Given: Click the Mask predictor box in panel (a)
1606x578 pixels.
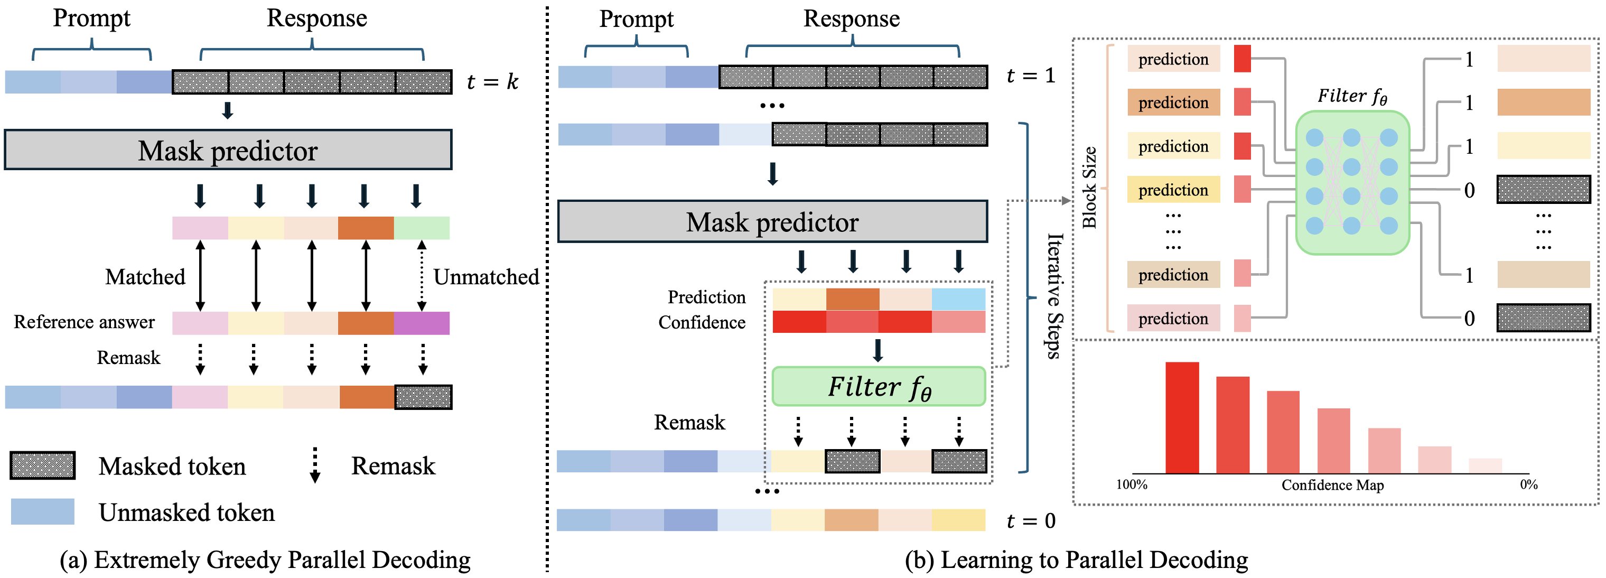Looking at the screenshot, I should pyautogui.click(x=228, y=150).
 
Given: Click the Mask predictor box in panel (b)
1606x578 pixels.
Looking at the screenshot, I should pyautogui.click(x=772, y=222).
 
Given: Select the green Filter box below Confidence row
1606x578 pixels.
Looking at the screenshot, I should pyautogui.click(x=878, y=387).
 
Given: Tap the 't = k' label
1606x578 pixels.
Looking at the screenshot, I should pyautogui.click(x=492, y=82).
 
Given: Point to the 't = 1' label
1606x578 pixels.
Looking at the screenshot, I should pyautogui.click(x=1031, y=76).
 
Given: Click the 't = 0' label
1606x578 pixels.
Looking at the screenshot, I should pyautogui.click(x=1031, y=520).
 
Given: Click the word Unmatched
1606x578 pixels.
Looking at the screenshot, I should pyautogui.click(x=486, y=277).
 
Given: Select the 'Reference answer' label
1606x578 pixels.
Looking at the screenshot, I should pyautogui.click(x=84, y=322).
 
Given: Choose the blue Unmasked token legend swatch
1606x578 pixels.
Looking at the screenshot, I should pyautogui.click(x=42, y=511).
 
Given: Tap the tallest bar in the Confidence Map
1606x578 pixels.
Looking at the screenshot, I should pyautogui.click(x=1182, y=418).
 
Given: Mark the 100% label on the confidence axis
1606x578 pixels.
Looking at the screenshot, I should pyautogui.click(x=1131, y=484).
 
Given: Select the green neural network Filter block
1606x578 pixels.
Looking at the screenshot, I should pyautogui.click(x=1352, y=183).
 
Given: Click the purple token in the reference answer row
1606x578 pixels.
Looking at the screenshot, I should pyautogui.click(x=422, y=323).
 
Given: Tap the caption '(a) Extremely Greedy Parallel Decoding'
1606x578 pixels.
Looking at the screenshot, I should pyautogui.click(x=265, y=560).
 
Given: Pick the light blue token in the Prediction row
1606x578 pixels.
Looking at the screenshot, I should pyautogui.click(x=958, y=299).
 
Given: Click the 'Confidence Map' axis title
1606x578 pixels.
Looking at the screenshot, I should pyautogui.click(x=1332, y=485).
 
